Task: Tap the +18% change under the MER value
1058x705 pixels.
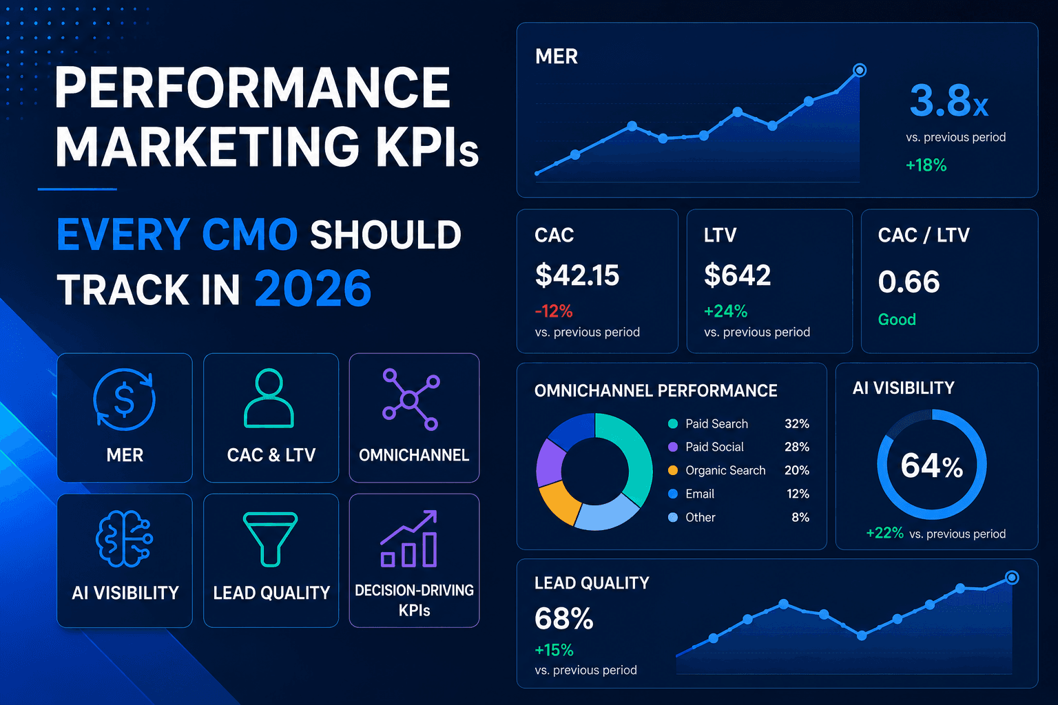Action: click(x=926, y=165)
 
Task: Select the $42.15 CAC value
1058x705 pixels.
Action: click(x=577, y=275)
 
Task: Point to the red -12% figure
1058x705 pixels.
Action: click(x=554, y=311)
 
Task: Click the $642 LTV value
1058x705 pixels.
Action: click(x=737, y=275)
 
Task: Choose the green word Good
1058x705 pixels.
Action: click(x=897, y=319)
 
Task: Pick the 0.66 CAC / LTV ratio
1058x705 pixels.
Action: click(x=909, y=282)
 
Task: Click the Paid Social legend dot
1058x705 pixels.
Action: click(x=673, y=447)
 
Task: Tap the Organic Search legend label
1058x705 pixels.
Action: click(x=725, y=470)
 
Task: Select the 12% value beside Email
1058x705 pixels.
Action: click(x=798, y=494)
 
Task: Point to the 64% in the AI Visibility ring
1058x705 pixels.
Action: click(x=931, y=466)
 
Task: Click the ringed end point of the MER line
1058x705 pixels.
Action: click(x=860, y=70)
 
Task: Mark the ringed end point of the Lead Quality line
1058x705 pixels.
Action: click(x=1012, y=577)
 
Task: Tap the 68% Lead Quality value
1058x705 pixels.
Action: click(x=563, y=618)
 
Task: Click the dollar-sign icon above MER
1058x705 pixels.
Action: click(x=124, y=399)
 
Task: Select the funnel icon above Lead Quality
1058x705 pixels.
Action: click(x=270, y=539)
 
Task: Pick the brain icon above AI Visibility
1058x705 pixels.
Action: click(x=124, y=539)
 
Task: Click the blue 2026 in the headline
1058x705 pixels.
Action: click(x=313, y=288)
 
